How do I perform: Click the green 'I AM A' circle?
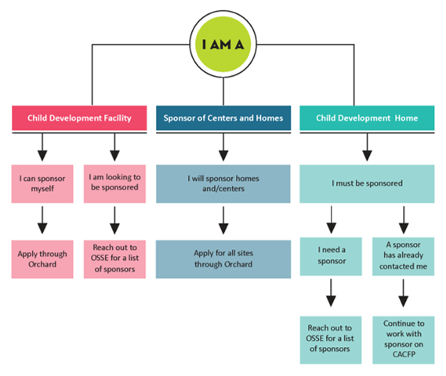tap(223, 45)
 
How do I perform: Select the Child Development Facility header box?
tap(79, 118)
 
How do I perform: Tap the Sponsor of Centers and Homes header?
tap(223, 118)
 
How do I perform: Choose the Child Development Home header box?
tap(367, 118)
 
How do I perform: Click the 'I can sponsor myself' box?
tap(42, 183)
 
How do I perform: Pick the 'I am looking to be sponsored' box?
tap(114, 183)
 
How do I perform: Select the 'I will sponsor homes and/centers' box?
tap(223, 183)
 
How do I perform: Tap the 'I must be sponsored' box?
tap(367, 183)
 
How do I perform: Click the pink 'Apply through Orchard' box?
tap(42, 259)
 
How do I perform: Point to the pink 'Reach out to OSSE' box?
tap(114, 259)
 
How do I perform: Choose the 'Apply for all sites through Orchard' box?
tap(223, 259)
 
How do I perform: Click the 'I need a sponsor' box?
tap(331, 256)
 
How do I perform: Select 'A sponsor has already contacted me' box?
tap(404, 256)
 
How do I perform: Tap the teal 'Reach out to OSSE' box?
tap(331, 340)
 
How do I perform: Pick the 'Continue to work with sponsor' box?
tap(404, 340)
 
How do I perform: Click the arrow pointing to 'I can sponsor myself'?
tap(42, 147)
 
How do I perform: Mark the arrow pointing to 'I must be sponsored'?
tap(367, 147)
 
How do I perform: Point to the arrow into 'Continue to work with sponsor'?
tap(404, 293)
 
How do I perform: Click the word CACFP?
tap(404, 354)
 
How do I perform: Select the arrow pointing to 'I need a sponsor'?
tap(331, 219)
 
